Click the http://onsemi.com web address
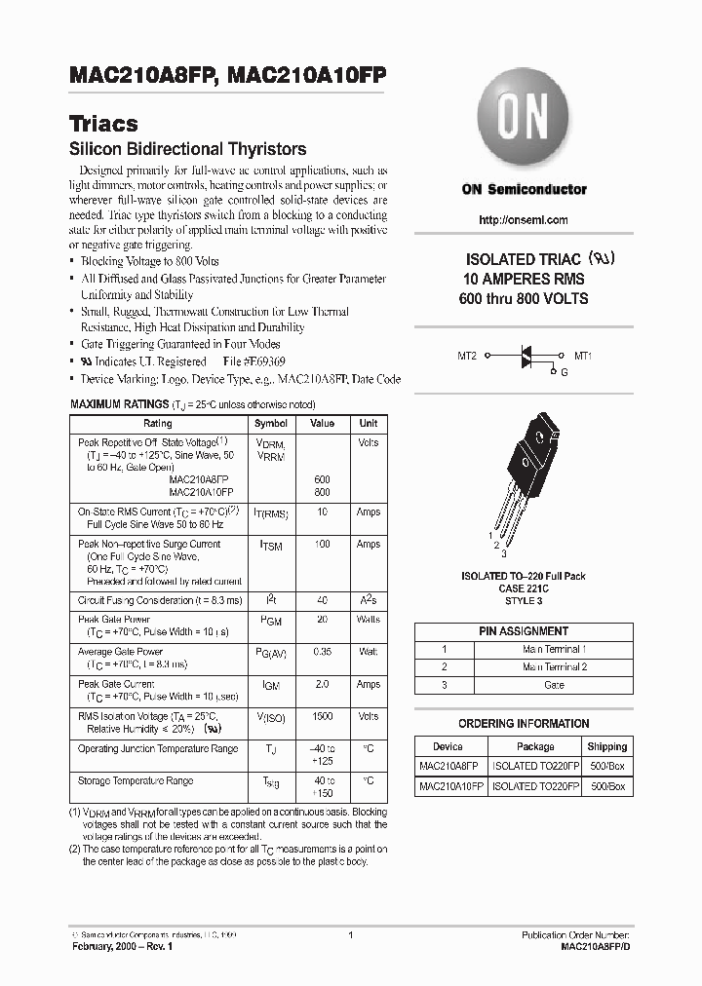(524, 220)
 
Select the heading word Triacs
(103, 125)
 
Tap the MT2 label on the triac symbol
(466, 357)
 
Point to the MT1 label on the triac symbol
(583, 357)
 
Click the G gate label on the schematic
(564, 372)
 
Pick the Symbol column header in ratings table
(271, 424)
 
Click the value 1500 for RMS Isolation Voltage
(322, 716)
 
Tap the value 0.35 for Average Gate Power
(322, 652)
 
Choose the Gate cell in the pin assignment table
(554, 685)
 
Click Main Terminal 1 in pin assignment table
(554, 649)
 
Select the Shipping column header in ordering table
(607, 747)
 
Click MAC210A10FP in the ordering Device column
(450, 785)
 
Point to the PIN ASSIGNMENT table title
(524, 631)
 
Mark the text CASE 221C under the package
(524, 588)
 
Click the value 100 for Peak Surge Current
(322, 545)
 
